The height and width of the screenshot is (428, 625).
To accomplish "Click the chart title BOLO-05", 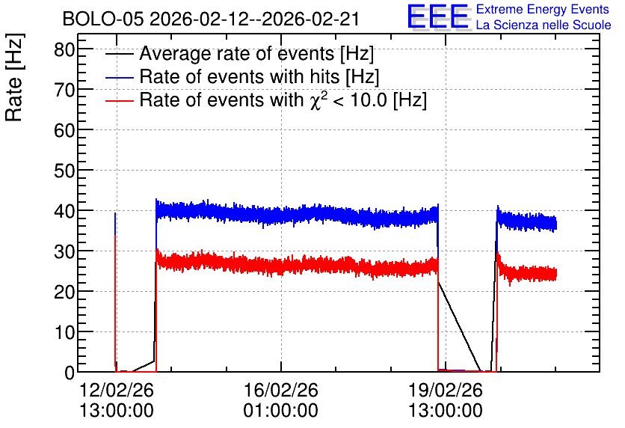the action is coord(103,19).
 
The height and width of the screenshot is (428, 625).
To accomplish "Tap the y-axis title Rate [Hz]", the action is coord(14,77).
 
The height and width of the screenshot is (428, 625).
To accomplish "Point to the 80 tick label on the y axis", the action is coord(64,50).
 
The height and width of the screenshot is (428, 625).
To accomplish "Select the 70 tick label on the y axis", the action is coord(64,90).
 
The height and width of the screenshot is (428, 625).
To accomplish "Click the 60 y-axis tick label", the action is coord(64,130).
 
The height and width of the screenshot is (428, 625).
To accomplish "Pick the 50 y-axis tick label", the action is coord(64,171).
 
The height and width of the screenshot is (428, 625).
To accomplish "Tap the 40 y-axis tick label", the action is coord(64,211).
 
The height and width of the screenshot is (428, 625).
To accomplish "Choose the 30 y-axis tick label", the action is coord(64,251).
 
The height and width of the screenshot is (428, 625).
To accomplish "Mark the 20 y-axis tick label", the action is coord(64,292).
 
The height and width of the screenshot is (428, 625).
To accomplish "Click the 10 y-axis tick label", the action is coord(64,332).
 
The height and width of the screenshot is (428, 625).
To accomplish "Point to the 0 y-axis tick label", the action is coord(70,373).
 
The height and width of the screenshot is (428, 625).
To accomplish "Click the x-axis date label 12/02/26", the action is coord(117,390).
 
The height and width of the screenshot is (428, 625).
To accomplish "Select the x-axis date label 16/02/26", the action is coord(281,390).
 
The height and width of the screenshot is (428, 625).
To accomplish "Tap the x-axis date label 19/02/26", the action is coord(446,390).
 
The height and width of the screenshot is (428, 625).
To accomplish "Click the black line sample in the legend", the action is coord(119,54).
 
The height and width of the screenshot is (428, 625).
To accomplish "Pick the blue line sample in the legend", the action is coord(119,77).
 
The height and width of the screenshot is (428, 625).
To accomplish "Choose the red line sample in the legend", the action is coord(119,100).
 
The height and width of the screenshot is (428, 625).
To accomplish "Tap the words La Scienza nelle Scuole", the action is coord(544,25).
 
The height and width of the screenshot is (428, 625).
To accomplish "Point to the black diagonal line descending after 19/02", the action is coord(459,327).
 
